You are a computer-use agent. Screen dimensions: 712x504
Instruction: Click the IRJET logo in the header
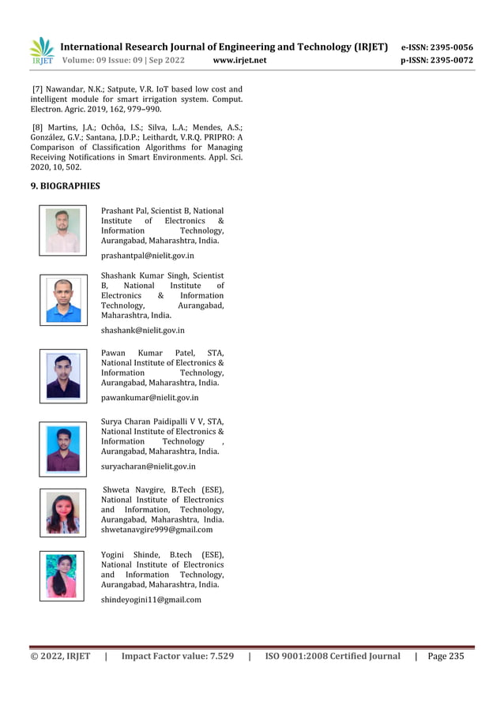pos(42,51)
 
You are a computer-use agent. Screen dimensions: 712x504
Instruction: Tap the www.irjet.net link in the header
pos(239,61)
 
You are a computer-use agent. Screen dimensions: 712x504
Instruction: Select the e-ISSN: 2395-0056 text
pos(437,47)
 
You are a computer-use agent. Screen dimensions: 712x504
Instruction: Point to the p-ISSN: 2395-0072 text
pos(437,61)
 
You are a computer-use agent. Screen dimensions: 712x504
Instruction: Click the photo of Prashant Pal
pos(62,230)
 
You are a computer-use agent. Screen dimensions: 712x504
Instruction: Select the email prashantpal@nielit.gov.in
pos(147,256)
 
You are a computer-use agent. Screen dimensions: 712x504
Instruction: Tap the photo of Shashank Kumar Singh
pos(63,300)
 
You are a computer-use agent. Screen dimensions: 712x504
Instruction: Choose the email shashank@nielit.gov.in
pos(142,330)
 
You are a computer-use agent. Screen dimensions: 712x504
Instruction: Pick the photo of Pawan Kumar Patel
pos(63,377)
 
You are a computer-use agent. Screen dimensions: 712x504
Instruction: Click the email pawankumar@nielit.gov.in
pos(149,398)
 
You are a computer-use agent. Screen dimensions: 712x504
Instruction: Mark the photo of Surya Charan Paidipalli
pos(63,449)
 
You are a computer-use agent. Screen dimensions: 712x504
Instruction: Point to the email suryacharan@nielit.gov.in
pos(148,467)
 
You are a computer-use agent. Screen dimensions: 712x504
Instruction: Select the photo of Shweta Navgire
pos(63,513)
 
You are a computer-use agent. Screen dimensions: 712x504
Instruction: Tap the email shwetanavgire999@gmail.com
pos(156,530)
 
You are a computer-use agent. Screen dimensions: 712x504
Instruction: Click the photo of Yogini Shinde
pos(62,576)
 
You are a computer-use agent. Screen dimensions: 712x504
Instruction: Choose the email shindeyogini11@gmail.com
pos(151,600)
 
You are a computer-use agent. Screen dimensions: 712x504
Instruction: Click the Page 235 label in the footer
pos(446,656)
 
